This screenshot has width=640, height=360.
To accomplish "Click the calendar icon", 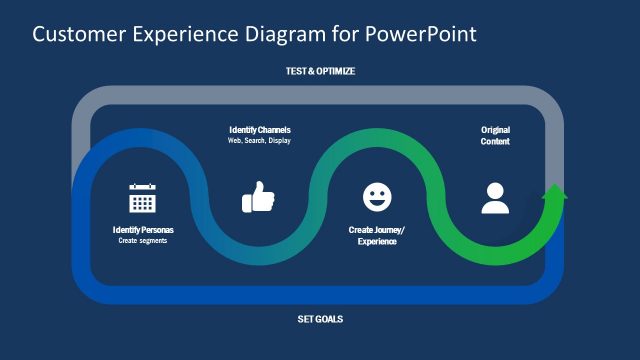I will [143, 198].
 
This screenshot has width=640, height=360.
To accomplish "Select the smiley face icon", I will [377, 197].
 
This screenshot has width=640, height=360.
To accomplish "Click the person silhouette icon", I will [495, 198].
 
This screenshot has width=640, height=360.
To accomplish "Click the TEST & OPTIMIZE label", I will [320, 72].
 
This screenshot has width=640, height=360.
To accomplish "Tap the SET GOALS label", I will [320, 320].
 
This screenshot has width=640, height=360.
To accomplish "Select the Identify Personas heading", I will [143, 230].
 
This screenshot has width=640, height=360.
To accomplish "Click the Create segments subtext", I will [143, 241].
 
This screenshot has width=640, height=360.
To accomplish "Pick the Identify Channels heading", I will [260, 130].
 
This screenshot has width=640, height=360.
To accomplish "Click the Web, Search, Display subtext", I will [260, 141].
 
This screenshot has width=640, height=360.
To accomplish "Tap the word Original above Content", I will [495, 130].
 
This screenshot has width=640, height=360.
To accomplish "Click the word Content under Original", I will [495, 142].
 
